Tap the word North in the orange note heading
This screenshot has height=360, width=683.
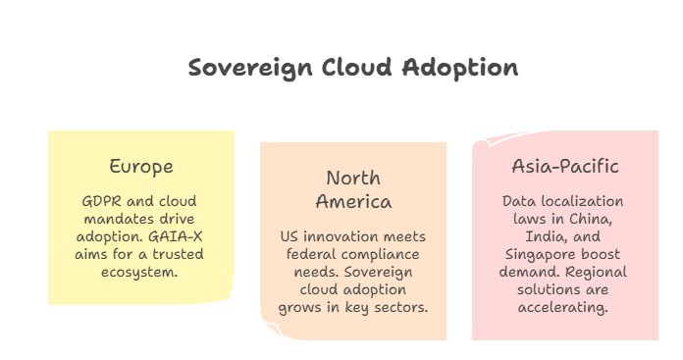(353, 179)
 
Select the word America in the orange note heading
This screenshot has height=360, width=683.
(353, 202)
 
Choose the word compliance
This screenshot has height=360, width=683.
(377, 255)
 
